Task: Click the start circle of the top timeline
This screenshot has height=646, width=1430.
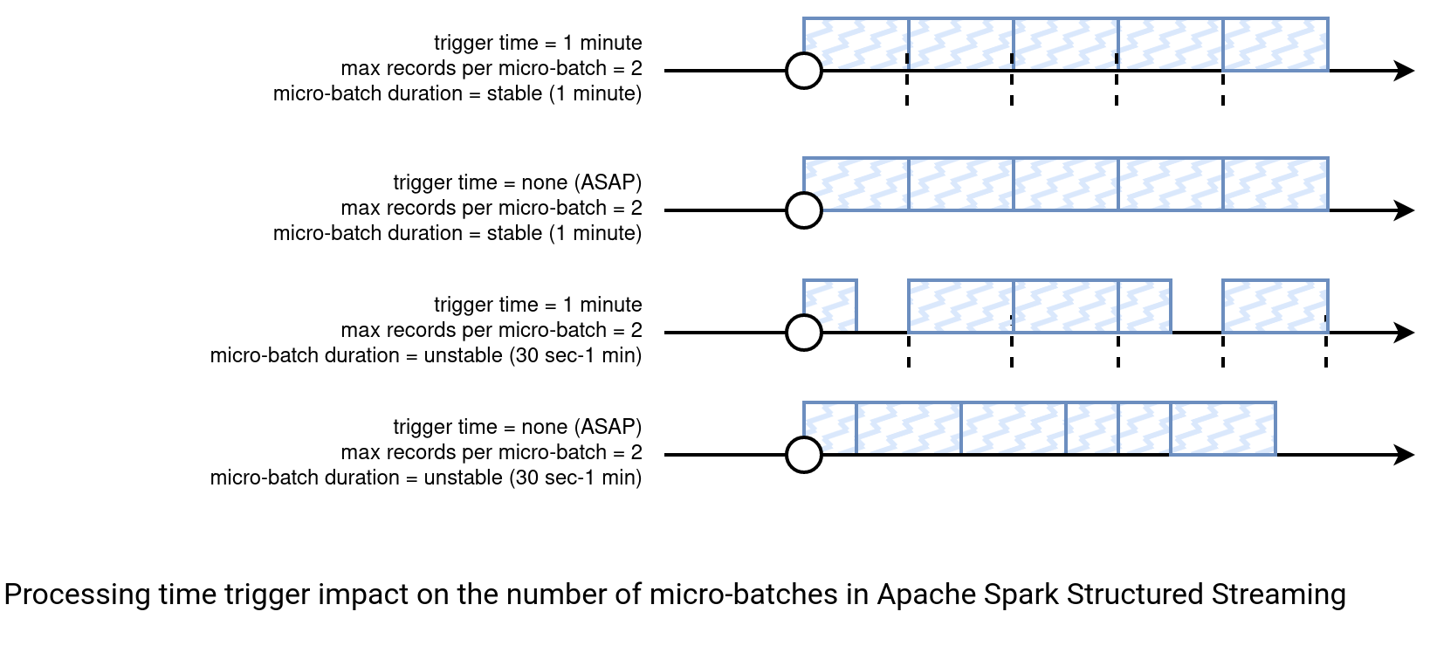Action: click(x=804, y=70)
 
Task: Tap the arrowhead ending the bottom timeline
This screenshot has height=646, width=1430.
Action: click(x=1404, y=455)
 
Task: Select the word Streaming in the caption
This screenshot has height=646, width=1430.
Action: click(x=1279, y=595)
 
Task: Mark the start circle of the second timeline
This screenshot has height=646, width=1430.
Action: click(x=804, y=210)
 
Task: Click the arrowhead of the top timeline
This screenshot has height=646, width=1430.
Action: click(x=1404, y=70)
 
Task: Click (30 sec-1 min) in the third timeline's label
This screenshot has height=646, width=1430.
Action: click(x=575, y=355)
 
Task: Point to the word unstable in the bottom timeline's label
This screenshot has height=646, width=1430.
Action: click(x=463, y=478)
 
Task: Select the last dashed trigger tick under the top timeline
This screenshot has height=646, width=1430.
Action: click(x=1222, y=89)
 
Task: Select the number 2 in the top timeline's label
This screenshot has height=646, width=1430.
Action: click(x=636, y=68)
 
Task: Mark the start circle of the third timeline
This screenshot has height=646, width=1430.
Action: click(x=804, y=333)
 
